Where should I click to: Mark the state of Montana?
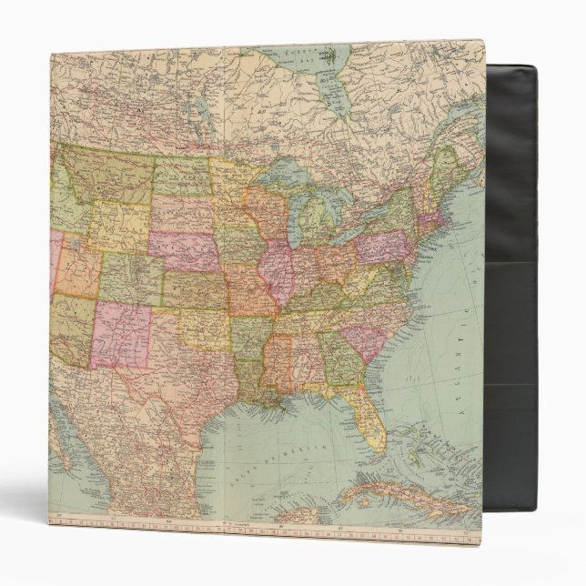(x=105, y=177)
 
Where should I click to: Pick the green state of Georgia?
(x=337, y=359)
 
